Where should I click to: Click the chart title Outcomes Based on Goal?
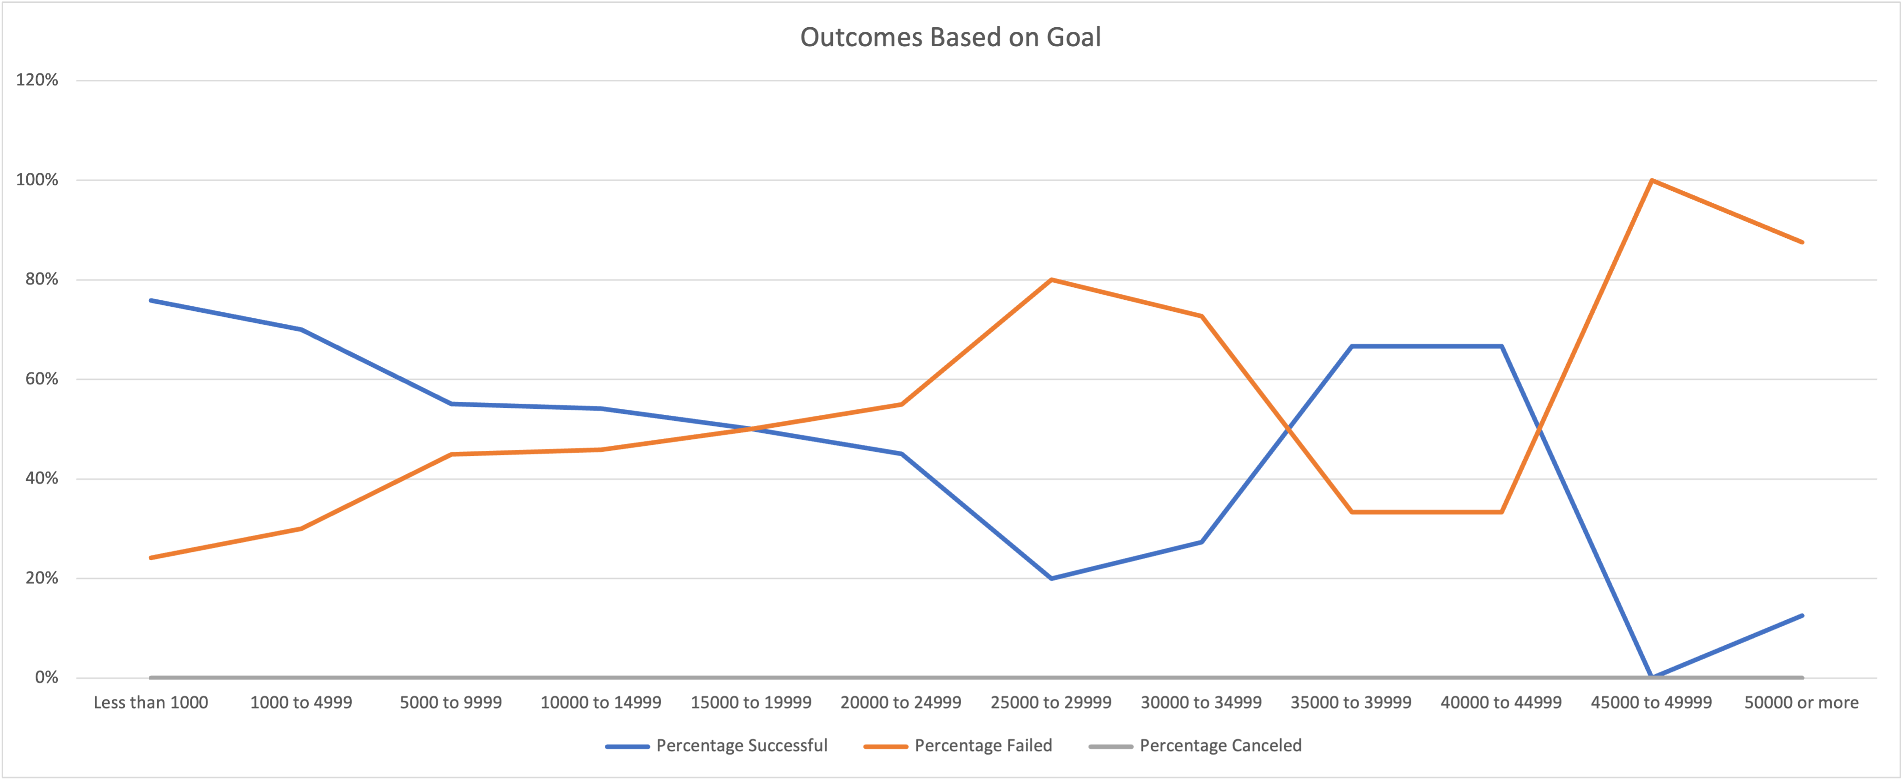pos(951,37)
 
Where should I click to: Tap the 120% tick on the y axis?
pos(37,80)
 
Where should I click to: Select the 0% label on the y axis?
pos(46,678)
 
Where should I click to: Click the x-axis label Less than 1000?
pos(151,702)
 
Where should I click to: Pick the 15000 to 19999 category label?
pos(751,702)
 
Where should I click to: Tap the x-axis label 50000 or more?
pos(1801,702)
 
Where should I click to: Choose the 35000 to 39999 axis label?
pos(1351,702)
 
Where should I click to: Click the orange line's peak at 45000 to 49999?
pos(1651,180)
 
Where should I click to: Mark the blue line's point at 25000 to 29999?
pos(1051,579)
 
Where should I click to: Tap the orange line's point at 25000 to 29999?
pos(1051,280)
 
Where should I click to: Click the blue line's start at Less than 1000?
pos(151,301)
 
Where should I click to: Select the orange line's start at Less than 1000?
pos(151,558)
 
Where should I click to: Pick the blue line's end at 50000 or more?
pos(1802,616)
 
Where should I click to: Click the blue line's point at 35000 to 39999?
pos(1351,346)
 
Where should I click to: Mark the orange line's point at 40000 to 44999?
pos(1501,512)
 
